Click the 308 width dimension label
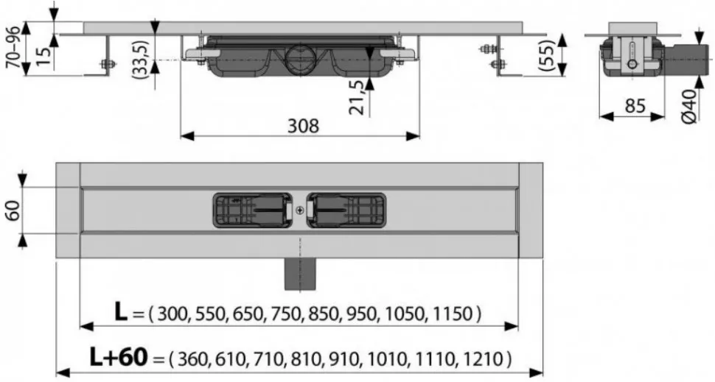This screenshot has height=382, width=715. pos(303,126)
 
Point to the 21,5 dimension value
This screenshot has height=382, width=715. pos(358,98)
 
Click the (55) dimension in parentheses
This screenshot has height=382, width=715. pos(547,54)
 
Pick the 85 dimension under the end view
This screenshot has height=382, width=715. pos(635,106)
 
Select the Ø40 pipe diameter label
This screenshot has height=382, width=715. pos(689,106)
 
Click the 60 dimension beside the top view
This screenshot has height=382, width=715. pos(14,211)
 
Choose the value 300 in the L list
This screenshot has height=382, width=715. pos(172,314)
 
